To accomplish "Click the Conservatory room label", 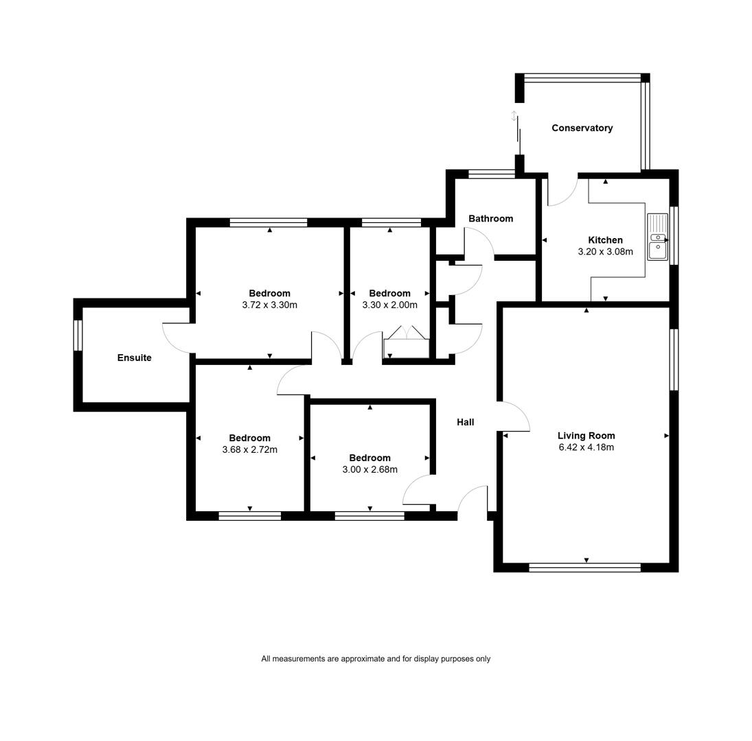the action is pos(582,128).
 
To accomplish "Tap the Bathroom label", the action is pos(490,218).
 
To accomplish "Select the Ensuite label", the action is pos(135,357).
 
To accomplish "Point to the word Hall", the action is pos(465,422).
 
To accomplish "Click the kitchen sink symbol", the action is pos(657,237).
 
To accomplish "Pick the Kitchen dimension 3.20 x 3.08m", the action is pos(605,252).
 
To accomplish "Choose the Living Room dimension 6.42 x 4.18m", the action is pos(586,447).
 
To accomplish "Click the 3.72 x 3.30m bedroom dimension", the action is pos(269,305).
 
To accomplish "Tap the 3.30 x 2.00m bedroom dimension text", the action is pos(389,305).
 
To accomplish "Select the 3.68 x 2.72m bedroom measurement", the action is pos(249,449).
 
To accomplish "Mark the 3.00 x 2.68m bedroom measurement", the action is pos(369,469).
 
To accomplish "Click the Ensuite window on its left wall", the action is pos(78,336).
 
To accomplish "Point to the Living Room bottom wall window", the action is pos(584,567).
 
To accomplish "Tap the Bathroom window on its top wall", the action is pos(491,174).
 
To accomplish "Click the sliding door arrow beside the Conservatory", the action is pos(514,116).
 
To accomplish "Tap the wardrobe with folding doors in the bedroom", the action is pos(406,342).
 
